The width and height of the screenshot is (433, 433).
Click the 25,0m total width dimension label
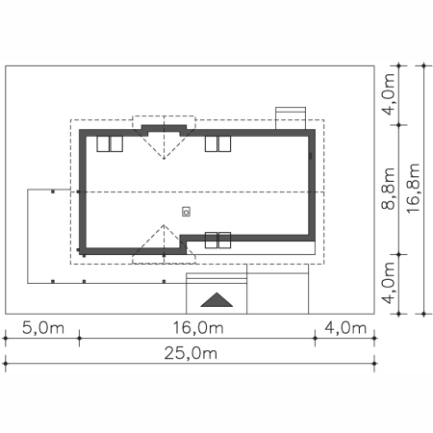191,353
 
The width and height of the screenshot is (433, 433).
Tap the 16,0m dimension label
198,328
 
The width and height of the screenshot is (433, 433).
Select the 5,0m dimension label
43,328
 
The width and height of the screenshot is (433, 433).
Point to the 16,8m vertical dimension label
413,188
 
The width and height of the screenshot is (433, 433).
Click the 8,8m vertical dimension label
388,189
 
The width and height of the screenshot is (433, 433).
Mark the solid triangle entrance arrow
216,299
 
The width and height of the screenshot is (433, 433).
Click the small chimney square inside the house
186,212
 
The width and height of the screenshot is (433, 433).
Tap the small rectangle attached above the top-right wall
291,118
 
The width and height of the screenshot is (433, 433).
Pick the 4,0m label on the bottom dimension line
345,328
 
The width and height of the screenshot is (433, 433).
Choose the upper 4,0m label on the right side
388,94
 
